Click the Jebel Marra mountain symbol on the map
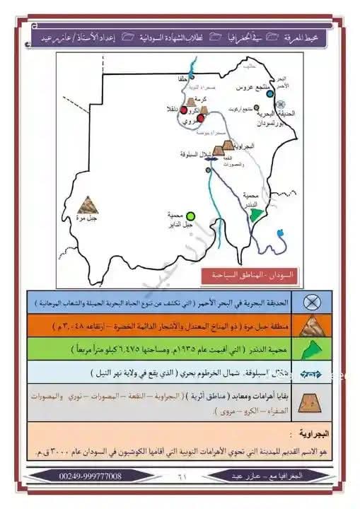point(88,205)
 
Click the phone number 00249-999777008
point(81,477)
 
